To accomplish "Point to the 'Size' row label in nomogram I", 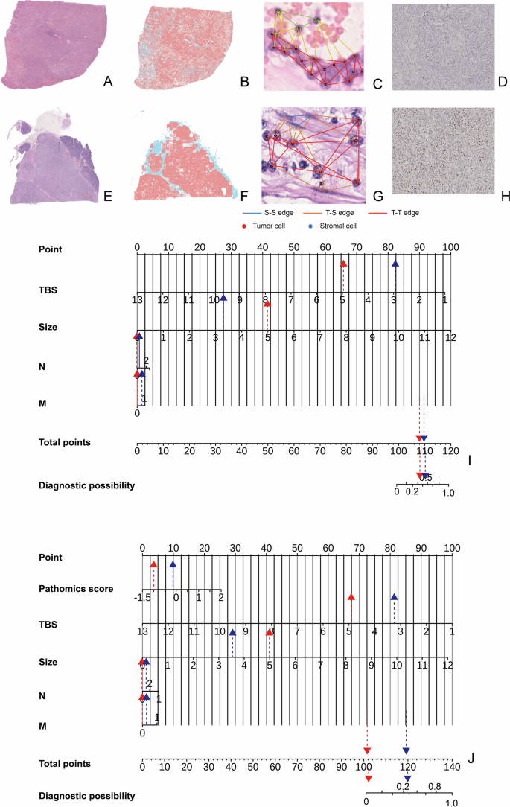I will [48, 326].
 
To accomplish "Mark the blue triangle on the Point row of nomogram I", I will [395, 264].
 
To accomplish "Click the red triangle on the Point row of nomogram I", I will [343, 264].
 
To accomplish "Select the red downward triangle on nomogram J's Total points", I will [367, 751].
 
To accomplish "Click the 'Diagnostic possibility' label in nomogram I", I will [86, 485].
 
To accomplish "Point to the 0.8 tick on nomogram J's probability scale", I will [434, 786].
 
